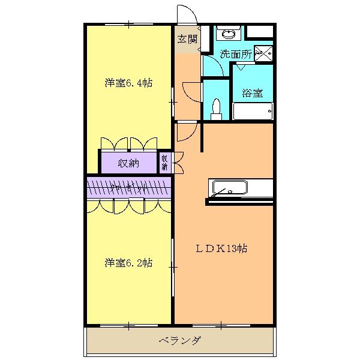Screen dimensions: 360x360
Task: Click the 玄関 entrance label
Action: tap(187, 39)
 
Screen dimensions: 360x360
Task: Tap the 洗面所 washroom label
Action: tap(235, 53)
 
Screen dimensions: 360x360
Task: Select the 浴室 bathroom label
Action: tap(251, 93)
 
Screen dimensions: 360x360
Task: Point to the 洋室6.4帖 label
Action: tap(128, 83)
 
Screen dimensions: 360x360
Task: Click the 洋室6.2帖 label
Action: tap(128, 263)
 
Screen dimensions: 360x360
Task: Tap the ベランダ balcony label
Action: tap(180, 341)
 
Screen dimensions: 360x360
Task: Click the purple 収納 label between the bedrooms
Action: tap(128, 163)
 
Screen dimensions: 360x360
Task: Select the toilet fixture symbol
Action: tap(217, 109)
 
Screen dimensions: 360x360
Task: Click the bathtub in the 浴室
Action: tap(253, 112)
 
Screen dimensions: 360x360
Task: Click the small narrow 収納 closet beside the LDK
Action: tap(164, 163)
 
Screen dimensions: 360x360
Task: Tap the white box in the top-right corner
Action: tap(260, 32)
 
